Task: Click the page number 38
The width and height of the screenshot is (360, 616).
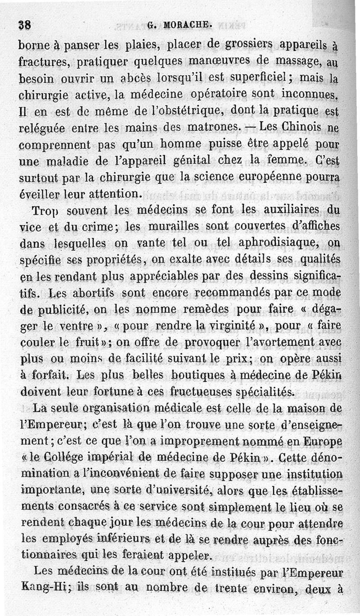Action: pos(24,26)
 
